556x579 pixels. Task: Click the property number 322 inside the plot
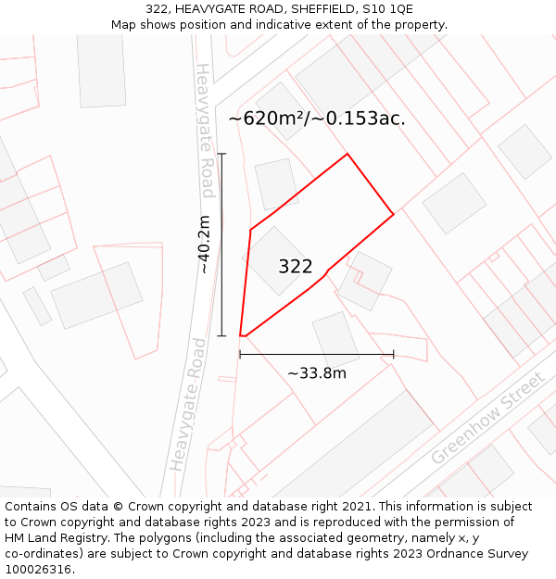(296, 267)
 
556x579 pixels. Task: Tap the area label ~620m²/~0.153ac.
(317, 119)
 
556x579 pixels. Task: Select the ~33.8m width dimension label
(316, 372)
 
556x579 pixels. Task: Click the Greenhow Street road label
(486, 419)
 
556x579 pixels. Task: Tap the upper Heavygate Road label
(207, 130)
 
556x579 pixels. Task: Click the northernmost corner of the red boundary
(347, 154)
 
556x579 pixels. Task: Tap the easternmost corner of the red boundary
(394, 214)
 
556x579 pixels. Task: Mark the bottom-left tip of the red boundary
(241, 335)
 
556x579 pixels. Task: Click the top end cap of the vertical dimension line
(221, 154)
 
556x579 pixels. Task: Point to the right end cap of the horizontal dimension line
(394, 354)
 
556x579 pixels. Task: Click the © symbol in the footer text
(118, 507)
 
